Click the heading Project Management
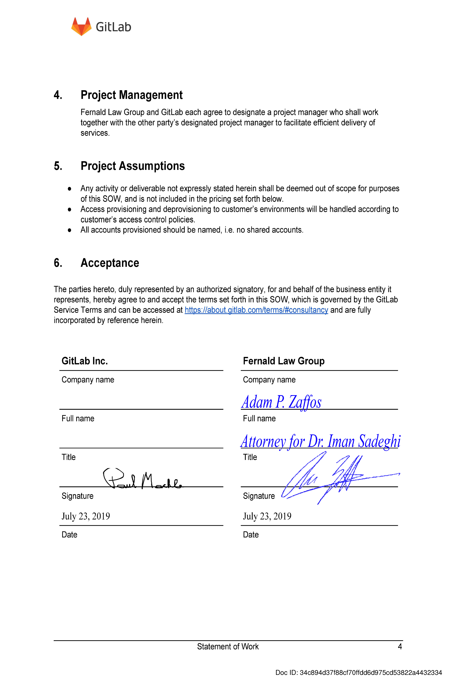[x=131, y=95]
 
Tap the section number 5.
[x=58, y=166]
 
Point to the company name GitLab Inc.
[x=84, y=361]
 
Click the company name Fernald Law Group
[x=284, y=361]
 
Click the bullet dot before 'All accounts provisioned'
[x=69, y=230]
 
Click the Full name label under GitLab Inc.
[x=78, y=418]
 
